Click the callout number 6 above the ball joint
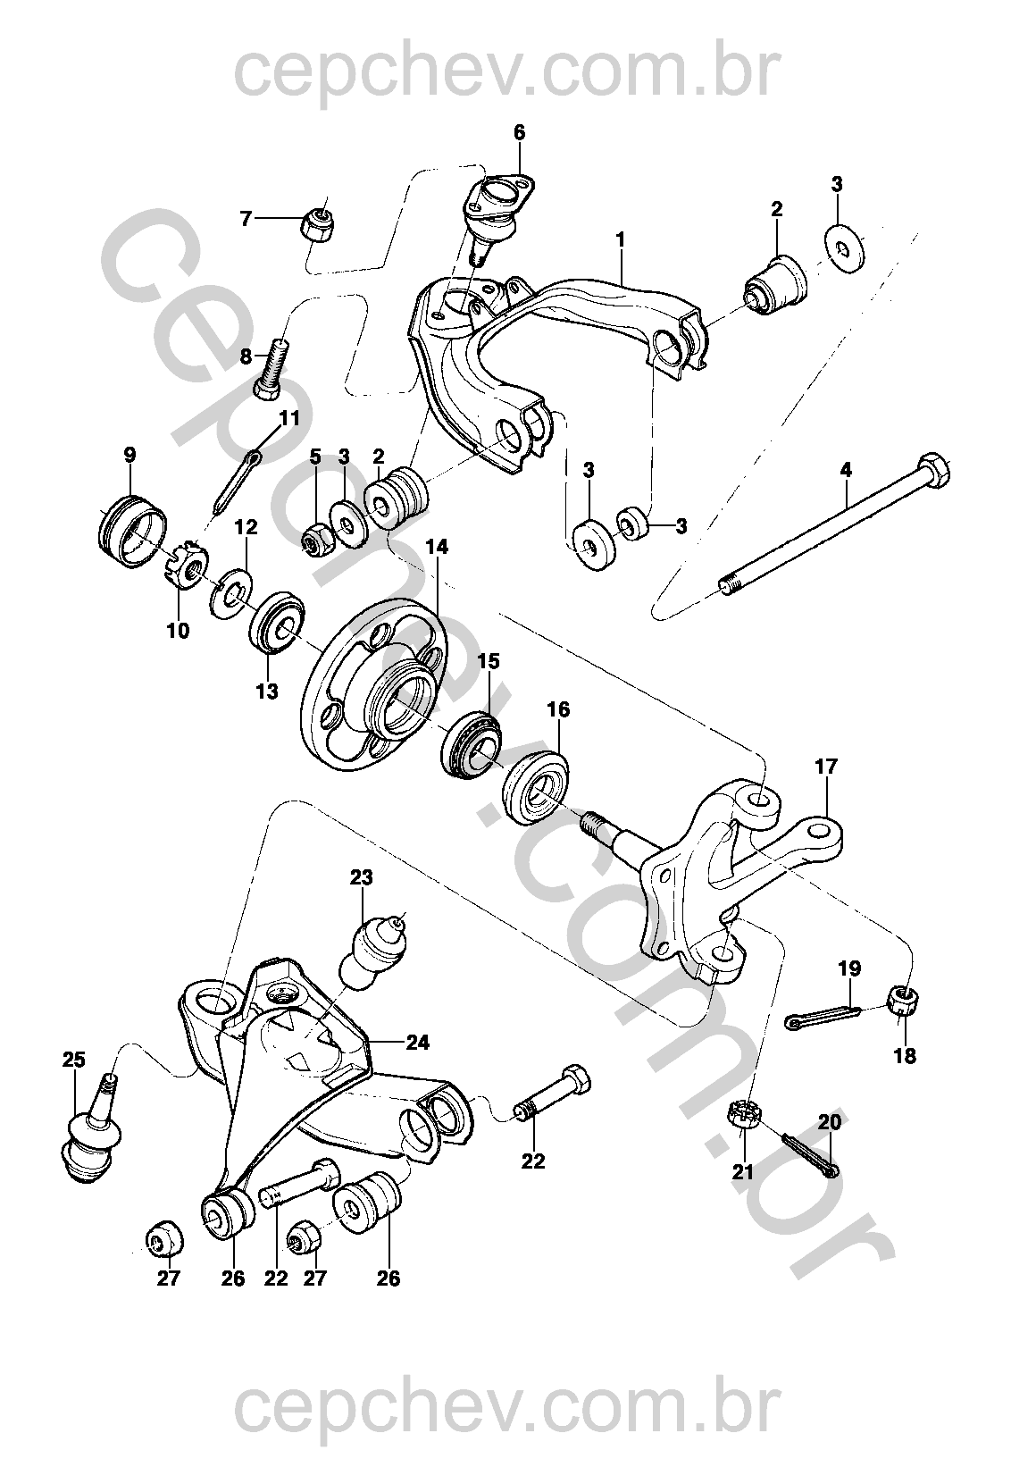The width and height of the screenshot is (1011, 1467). (519, 132)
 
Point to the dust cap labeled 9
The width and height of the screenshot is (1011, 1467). (130, 533)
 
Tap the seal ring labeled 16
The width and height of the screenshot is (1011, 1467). (536, 786)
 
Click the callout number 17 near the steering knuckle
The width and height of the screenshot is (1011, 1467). (826, 767)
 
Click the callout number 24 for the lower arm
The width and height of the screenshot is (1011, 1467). (417, 1042)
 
